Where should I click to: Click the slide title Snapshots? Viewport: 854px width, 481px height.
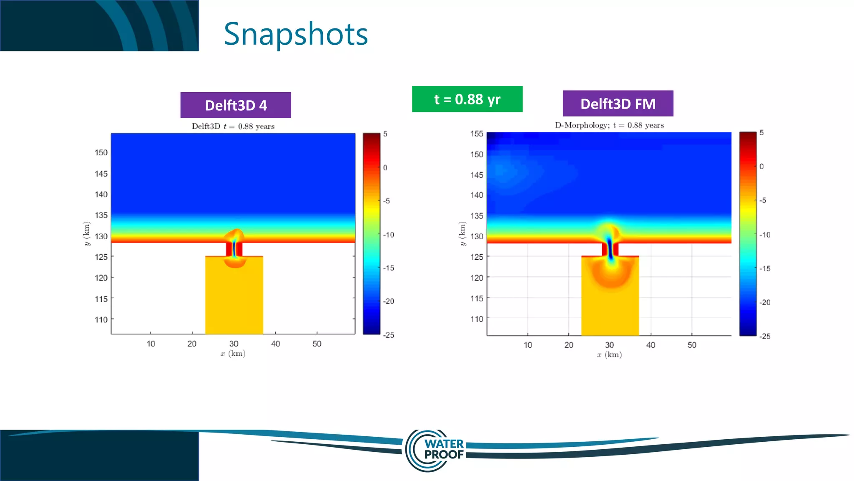coord(296,34)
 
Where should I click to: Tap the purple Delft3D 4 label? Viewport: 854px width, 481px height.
coord(236,105)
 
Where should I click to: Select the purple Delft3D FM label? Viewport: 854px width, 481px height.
coord(618,104)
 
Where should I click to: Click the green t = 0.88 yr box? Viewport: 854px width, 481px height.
coord(467,99)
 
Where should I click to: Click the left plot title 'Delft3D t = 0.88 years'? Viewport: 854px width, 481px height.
coord(233,127)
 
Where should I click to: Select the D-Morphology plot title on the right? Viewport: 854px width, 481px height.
coord(609,125)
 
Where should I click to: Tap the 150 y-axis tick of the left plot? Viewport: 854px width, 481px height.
coord(101,153)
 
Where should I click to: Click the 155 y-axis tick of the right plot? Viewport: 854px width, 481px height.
coord(477,134)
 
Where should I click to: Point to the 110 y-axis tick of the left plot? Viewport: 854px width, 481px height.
coord(101,320)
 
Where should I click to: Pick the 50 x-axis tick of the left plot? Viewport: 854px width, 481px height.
coord(317,344)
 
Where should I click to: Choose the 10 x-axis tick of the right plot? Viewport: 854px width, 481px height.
coord(528,345)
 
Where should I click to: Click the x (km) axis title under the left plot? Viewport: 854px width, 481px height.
coord(233,354)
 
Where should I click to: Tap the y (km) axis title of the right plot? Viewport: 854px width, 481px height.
coord(462,233)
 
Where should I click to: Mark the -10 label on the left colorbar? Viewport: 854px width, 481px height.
coord(389,235)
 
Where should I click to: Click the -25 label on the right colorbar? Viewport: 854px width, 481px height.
coord(765,337)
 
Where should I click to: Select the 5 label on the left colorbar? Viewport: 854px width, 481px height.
coord(385,134)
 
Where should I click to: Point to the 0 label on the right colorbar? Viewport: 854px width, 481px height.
coord(761,167)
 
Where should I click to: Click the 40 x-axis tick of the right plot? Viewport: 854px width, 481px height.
coord(651,345)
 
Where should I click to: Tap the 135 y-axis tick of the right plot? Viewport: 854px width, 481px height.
coord(477,216)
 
